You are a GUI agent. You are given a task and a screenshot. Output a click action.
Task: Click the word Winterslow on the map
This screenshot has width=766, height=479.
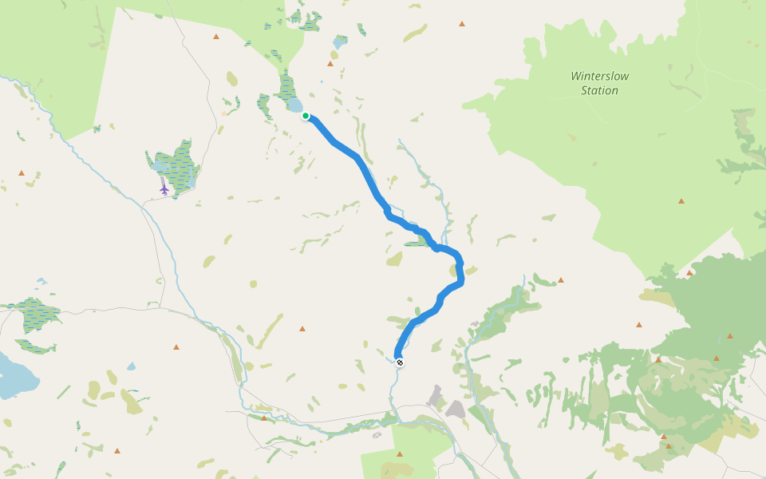600,77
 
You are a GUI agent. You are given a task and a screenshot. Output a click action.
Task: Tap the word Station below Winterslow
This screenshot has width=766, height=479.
599,91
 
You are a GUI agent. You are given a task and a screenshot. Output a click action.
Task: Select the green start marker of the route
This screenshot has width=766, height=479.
306,116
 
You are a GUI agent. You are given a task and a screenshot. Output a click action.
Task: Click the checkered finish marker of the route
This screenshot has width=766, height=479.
400,362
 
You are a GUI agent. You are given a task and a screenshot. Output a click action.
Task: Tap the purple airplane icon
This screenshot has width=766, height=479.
164,189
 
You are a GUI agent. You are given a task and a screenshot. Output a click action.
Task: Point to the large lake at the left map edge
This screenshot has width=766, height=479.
14,376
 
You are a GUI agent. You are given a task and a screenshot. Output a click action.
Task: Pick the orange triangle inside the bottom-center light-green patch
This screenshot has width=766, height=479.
400,454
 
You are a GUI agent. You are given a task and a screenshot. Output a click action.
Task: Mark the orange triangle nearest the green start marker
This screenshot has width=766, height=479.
330,64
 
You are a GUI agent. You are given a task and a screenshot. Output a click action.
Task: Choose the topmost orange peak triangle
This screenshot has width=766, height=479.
461,24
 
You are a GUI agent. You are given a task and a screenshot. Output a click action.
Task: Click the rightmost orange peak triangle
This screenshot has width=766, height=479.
730,336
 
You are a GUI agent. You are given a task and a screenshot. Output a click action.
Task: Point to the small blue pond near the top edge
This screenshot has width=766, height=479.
341,41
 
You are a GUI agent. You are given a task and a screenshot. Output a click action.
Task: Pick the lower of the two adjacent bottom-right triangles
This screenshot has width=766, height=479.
668,446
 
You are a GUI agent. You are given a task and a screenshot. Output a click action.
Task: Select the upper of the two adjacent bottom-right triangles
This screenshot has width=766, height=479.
663,437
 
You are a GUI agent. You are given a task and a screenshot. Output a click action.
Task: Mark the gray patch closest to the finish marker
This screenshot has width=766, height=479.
436,395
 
